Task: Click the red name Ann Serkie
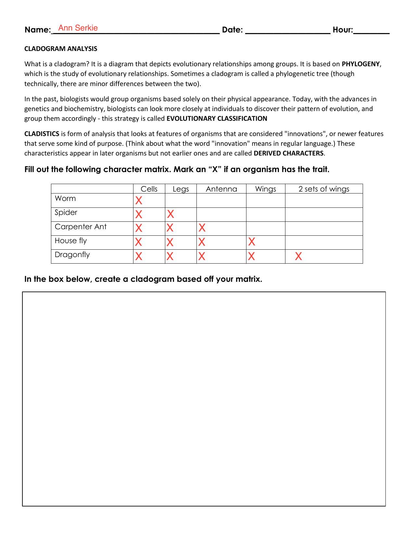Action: point(78,28)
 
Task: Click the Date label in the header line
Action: point(232,30)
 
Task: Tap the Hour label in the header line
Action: point(343,30)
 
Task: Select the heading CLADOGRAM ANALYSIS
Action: point(61,49)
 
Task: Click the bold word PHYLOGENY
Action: point(360,64)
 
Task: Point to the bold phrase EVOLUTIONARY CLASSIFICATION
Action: point(217,118)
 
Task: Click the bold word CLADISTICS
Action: point(42,134)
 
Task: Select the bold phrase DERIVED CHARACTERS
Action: point(288,153)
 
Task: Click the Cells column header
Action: point(149,189)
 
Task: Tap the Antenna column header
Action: point(221,189)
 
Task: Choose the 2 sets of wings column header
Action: point(324,189)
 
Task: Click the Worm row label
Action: point(65,198)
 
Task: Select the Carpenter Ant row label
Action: point(81,227)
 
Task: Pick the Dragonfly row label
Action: point(72,255)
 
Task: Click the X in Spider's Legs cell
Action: point(170,214)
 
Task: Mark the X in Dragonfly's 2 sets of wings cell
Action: point(298,256)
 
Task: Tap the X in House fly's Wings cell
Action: point(252,242)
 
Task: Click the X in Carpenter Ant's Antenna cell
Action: point(202,228)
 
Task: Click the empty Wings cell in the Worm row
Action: point(266,201)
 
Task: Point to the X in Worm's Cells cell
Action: point(139,201)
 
